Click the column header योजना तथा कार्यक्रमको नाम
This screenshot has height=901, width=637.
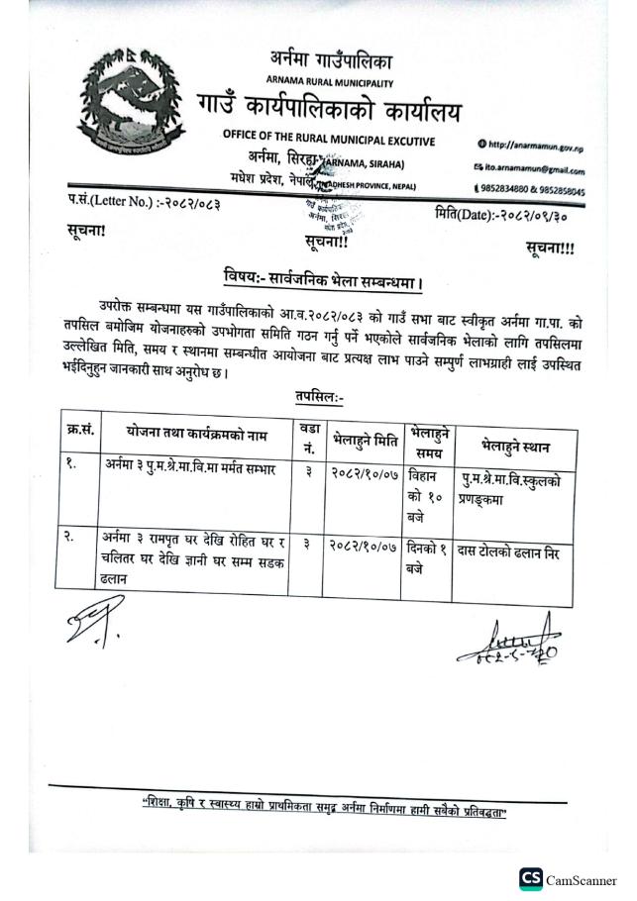click(194, 432)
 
